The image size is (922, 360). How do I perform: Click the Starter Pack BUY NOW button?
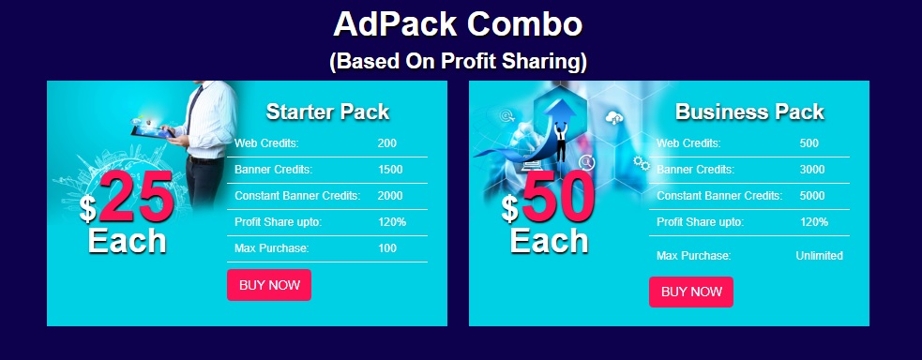268,285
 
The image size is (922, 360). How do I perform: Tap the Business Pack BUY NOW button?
691,292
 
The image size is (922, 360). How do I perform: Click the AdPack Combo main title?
458,24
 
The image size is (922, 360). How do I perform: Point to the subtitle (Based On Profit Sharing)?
458,61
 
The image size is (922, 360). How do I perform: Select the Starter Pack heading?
327,112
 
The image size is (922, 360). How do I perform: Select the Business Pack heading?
749,112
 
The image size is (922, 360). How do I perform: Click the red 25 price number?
136,197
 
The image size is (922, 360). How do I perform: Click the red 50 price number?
559,197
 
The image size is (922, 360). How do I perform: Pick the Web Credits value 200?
387,143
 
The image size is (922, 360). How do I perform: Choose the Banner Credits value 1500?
390,170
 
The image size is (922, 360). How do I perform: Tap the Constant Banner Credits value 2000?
390,196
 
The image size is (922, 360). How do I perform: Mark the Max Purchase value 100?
387,248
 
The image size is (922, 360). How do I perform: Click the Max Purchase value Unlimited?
819,256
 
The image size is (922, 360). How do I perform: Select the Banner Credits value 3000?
812,170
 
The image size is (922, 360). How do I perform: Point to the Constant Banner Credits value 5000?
812,196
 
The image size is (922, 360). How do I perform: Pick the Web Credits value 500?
809,143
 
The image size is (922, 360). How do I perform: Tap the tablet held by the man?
152,131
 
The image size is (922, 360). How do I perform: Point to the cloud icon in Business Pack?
613,118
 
